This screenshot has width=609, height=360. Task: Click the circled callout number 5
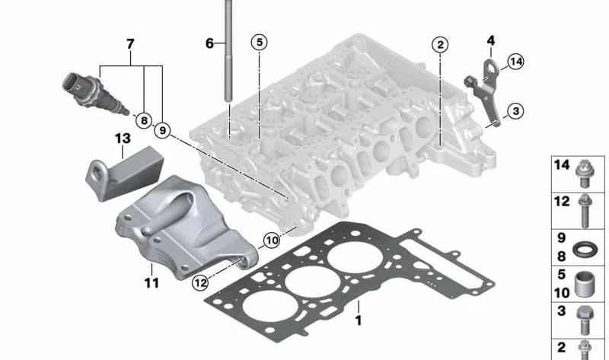click(260, 42)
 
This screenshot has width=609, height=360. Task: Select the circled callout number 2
click(440, 45)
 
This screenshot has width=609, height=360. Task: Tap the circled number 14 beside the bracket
click(516, 62)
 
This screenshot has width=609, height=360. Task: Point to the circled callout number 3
click(516, 111)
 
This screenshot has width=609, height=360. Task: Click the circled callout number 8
click(144, 120)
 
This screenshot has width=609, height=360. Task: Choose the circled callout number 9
click(162, 130)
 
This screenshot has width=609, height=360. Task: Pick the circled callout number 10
click(272, 241)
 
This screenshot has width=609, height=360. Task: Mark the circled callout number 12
click(200, 282)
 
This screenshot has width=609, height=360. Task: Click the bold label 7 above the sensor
click(130, 44)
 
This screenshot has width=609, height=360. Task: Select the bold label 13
click(123, 139)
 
